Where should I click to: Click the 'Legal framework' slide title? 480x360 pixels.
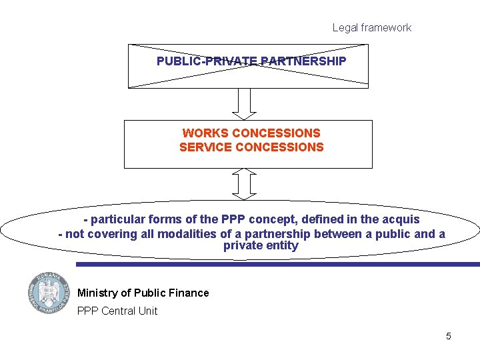point(371,28)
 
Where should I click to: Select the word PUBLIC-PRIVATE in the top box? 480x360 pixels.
point(207,61)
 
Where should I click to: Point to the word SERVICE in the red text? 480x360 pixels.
point(203,147)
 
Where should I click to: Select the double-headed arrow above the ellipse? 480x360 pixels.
point(246,184)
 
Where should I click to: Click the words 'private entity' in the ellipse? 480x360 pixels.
point(261,246)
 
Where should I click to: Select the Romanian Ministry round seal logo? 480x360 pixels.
point(48,293)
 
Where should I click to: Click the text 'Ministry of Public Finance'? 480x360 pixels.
point(143,293)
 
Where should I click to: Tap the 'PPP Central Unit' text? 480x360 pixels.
point(117,311)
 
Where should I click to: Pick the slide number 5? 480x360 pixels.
point(449,336)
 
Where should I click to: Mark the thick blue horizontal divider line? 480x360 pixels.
point(277,264)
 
